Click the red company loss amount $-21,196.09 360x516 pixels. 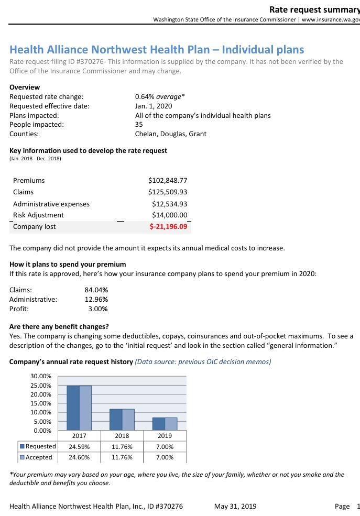pos(168,227)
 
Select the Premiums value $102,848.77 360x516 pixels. pos(168,181)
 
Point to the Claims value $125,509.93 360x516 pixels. pos(168,192)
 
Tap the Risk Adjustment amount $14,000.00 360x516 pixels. pos(169,215)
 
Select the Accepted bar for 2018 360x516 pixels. pos(128,419)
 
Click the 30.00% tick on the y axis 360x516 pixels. pos(41,376)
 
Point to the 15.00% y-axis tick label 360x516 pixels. pos(41,403)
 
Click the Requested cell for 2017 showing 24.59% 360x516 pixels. pos(79,447)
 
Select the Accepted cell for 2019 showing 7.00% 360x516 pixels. pos(165,457)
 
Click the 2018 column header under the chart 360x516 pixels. pos(122,436)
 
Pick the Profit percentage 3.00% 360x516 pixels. pos(98,309)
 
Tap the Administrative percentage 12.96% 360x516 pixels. pos(96,300)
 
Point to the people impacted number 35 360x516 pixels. pos(139,125)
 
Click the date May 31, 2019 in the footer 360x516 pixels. pos(235,506)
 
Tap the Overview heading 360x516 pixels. pos(25,87)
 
